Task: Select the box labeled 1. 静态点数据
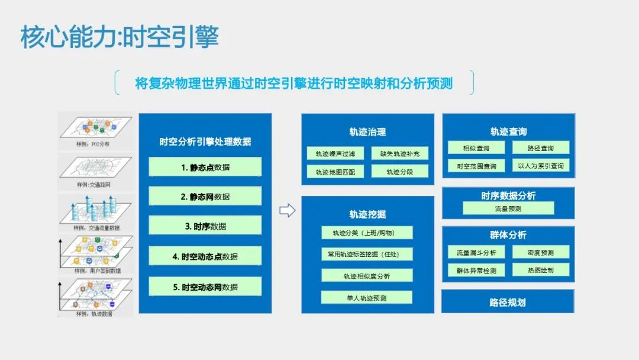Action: tap(205, 167)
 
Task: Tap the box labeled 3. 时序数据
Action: tap(205, 226)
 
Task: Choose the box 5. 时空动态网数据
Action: tap(205, 287)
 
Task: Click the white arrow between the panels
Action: tap(287, 211)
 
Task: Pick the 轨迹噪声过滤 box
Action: tap(335, 154)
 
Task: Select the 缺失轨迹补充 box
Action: tap(399, 154)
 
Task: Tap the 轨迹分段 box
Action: tap(399, 172)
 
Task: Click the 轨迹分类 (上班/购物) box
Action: tap(367, 233)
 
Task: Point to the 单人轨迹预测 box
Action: tap(367, 298)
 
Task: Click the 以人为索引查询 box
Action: tap(541, 166)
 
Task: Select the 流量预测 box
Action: tap(508, 208)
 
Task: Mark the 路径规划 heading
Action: tap(508, 302)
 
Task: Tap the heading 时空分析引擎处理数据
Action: tap(205, 142)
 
